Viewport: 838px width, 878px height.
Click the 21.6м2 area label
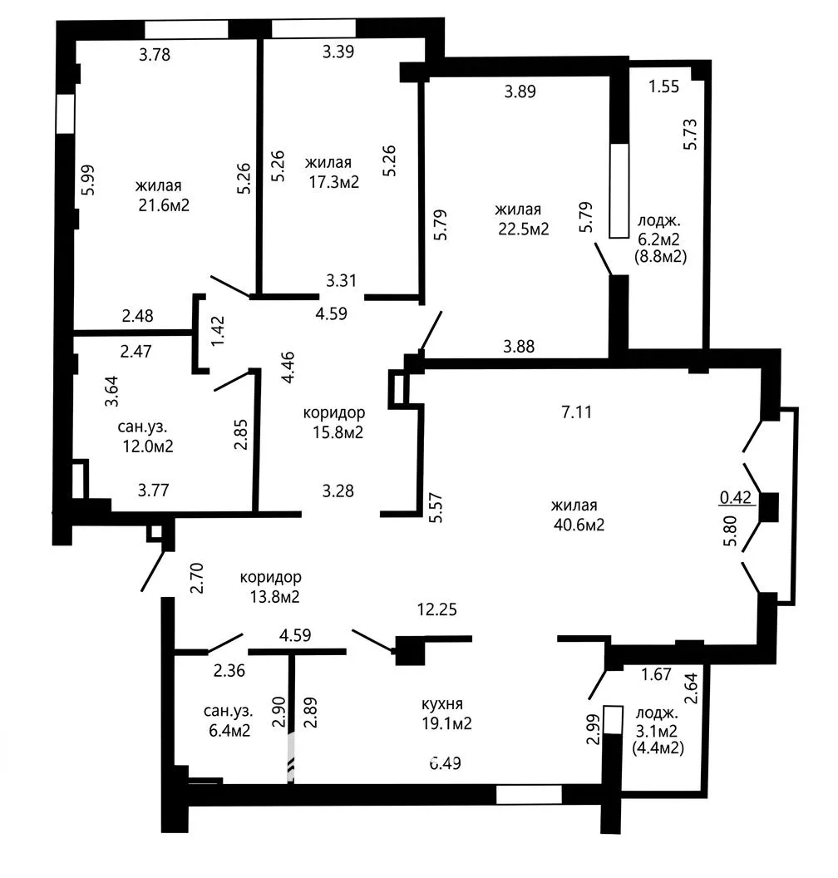click(164, 205)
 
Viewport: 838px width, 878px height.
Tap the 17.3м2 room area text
click(334, 182)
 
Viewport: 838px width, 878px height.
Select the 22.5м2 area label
click(524, 229)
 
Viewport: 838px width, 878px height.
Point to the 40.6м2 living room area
click(579, 525)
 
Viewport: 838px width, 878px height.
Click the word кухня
click(442, 704)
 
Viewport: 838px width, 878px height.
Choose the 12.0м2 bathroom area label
click(148, 446)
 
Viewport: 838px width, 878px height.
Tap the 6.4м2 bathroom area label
click(229, 730)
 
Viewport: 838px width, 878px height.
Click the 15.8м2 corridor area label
click(338, 432)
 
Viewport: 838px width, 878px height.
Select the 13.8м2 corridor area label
click(275, 596)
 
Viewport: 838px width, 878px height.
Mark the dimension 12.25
click(437, 609)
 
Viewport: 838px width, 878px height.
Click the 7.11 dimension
click(577, 412)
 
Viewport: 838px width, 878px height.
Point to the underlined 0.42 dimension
click(736, 497)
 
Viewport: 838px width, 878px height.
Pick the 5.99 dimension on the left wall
click(88, 180)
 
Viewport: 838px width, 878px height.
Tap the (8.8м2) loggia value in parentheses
click(661, 256)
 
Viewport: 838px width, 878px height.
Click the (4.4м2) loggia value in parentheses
click(658, 747)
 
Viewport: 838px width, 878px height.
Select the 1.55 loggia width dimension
click(664, 86)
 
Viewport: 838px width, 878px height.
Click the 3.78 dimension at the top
click(155, 55)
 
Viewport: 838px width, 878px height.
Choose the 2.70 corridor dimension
click(196, 578)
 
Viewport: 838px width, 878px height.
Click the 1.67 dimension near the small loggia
click(656, 674)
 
